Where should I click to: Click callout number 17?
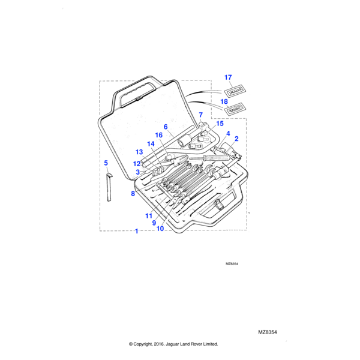(227, 77)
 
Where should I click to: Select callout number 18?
(224, 102)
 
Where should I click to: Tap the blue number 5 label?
(106, 163)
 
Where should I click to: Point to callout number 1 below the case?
(137, 231)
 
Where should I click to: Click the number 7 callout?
(200, 114)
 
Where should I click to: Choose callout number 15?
(220, 124)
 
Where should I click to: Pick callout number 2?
(236, 139)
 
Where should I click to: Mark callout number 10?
(160, 228)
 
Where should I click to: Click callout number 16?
(159, 135)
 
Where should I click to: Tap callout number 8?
(133, 193)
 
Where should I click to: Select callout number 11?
(148, 215)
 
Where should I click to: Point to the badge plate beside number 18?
(235, 110)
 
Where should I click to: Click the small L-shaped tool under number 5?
(109, 188)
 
